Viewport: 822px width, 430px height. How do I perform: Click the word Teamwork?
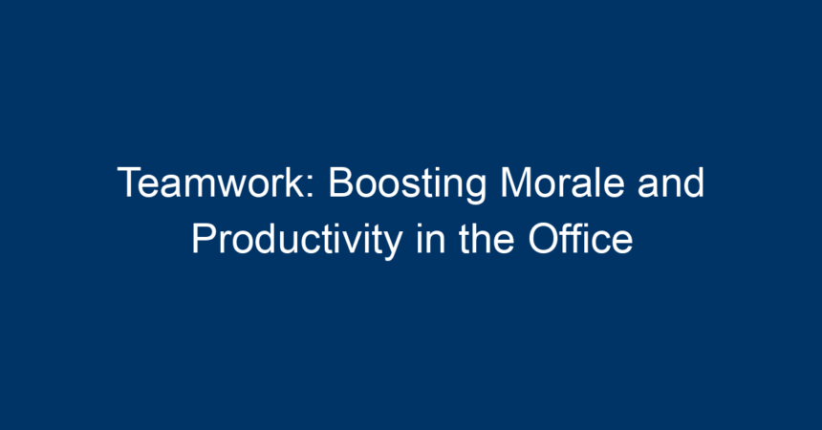210,183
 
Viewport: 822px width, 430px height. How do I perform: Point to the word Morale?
562,183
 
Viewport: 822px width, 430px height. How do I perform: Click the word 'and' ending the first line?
670,183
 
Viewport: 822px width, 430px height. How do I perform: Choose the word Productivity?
296,241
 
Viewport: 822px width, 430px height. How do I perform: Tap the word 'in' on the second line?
430,239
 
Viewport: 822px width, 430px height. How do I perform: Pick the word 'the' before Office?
486,239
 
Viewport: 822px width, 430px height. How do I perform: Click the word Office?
580,239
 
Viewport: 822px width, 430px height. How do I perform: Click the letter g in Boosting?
474,190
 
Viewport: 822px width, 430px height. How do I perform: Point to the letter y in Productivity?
392,246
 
